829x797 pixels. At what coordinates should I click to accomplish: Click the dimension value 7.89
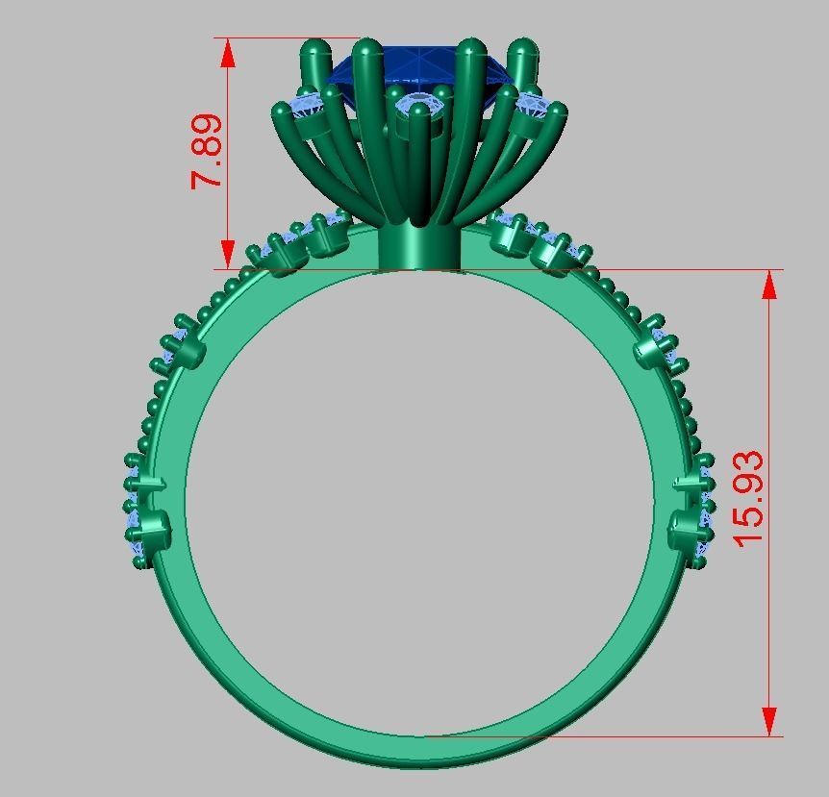tap(208, 152)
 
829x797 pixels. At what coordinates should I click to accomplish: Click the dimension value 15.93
tap(748, 497)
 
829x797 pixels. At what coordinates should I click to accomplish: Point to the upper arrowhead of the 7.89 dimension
tap(228, 53)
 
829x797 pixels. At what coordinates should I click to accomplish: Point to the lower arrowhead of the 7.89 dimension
tap(228, 254)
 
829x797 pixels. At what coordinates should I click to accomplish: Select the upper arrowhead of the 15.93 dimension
tap(769, 286)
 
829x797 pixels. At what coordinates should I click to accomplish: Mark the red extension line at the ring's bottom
tap(596, 737)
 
